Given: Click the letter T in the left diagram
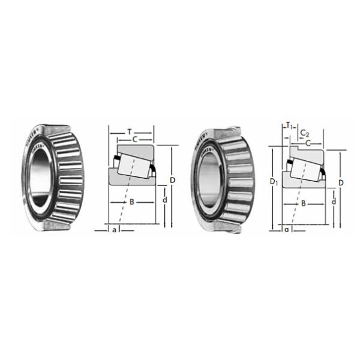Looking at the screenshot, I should pos(131,131).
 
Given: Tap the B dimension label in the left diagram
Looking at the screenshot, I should pos(131,202).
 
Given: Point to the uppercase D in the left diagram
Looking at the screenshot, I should pos(172,180).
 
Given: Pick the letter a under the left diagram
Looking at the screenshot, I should pos(114,229).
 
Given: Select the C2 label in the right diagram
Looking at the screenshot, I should pos(305,133).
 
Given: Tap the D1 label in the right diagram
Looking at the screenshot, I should pos(273,181).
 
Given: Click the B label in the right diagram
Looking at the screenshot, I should pos(304,203).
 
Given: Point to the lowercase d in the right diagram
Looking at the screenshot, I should pos(333,202).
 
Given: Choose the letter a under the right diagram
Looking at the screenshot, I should pos(286,229).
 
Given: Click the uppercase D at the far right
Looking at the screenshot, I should pos(341,182).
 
